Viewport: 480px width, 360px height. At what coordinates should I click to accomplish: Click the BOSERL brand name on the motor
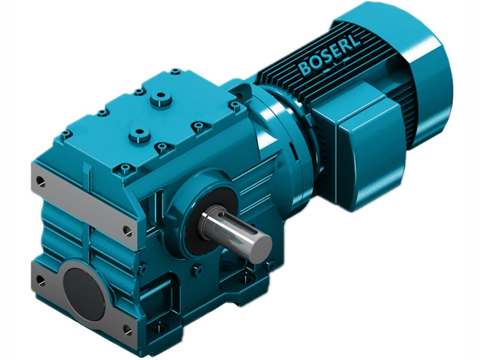point(329,58)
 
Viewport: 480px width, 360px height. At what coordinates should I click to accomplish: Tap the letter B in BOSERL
point(305,69)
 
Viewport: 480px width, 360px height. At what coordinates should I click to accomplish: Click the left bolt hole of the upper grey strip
point(40,179)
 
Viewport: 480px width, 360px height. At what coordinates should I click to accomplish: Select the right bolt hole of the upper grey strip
point(128,229)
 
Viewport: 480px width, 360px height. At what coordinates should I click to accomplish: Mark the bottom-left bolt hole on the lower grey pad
point(40,279)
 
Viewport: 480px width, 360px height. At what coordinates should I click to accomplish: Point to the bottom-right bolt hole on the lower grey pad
point(127,329)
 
